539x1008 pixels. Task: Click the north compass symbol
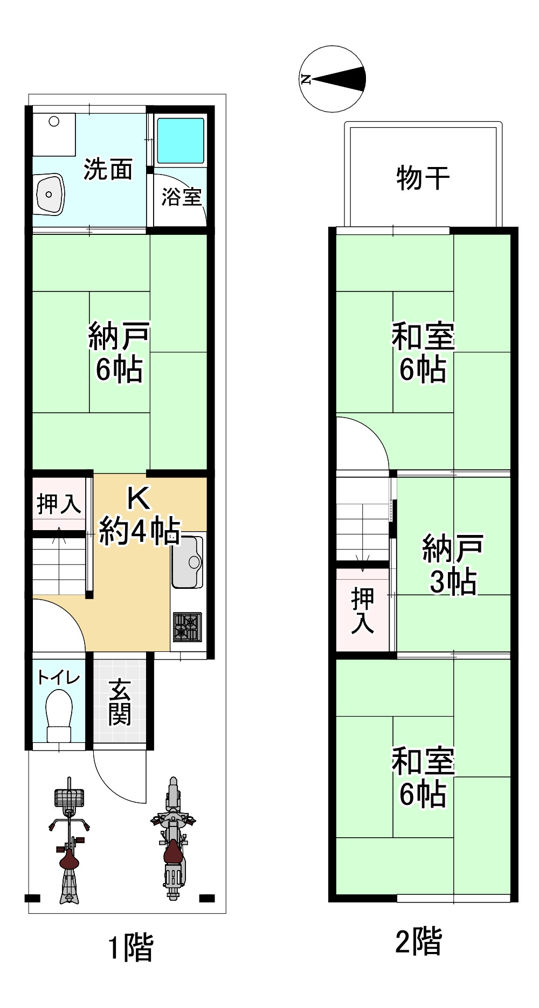(x=333, y=79)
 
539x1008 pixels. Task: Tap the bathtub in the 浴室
(x=181, y=141)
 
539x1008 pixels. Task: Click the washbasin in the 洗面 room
(x=50, y=194)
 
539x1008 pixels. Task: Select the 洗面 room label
(x=108, y=169)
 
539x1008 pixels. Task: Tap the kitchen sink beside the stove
(x=188, y=562)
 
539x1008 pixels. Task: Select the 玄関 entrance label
(x=120, y=703)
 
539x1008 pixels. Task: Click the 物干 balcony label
(x=423, y=178)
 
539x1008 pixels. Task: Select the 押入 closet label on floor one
(x=58, y=504)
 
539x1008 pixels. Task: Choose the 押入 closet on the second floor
(x=362, y=610)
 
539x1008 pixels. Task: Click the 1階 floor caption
(x=131, y=947)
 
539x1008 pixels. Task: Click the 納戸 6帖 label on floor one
(x=119, y=353)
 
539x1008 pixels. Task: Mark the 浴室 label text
(x=181, y=197)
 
